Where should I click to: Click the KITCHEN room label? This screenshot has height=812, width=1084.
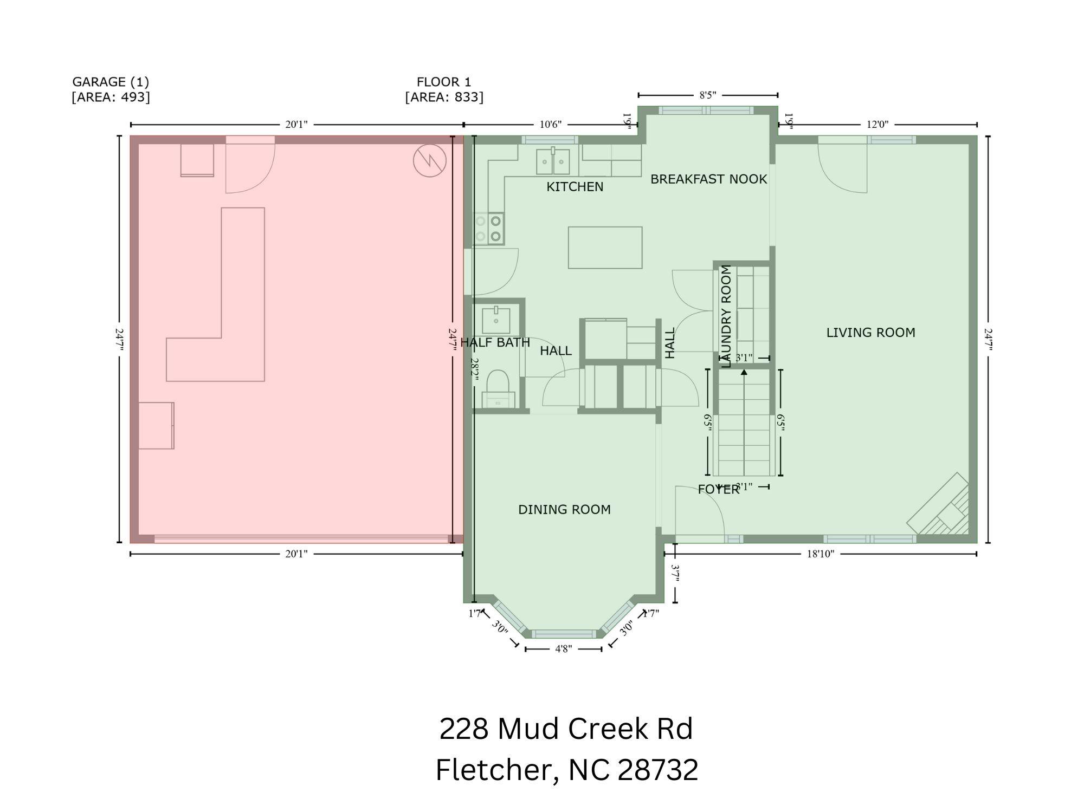tap(575, 187)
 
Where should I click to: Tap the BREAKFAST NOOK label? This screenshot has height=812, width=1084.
tap(708, 179)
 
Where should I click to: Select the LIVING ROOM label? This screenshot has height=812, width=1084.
tap(870, 333)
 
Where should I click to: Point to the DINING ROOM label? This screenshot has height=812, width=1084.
tap(564, 510)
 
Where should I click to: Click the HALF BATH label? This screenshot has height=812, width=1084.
tap(495, 342)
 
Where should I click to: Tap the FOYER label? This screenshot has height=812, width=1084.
tap(718, 490)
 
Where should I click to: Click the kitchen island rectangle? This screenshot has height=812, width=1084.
tap(605, 248)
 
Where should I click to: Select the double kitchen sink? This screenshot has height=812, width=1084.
tap(553, 161)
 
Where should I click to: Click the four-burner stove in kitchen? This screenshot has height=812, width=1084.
tap(488, 229)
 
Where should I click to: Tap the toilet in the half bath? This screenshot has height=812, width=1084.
tap(498, 387)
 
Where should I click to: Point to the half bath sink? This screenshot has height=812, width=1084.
tap(496, 320)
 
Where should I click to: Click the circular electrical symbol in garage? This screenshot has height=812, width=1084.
tap(429, 160)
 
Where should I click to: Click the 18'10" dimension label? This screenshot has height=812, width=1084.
tap(820, 554)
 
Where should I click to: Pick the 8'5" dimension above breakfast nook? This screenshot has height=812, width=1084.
tap(707, 95)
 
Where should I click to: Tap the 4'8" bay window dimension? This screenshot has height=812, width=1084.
tap(563, 649)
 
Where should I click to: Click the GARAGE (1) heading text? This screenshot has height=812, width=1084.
tap(111, 82)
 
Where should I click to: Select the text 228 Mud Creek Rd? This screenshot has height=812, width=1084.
tap(566, 729)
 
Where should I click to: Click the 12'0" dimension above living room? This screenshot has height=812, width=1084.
tap(877, 125)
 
